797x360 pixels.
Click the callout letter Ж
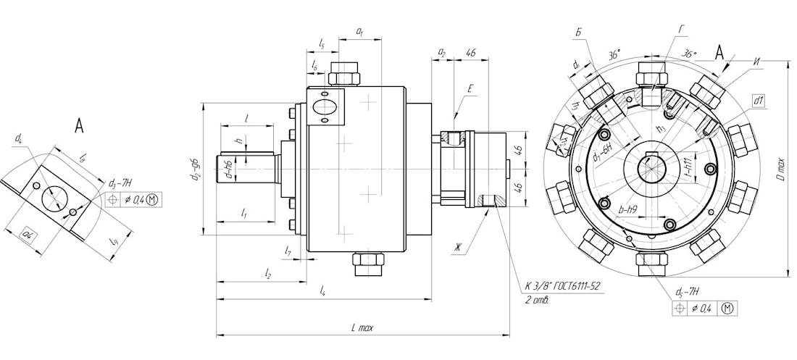[x=457, y=248]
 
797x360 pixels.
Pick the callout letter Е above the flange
[x=470, y=89]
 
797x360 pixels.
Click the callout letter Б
[x=578, y=33]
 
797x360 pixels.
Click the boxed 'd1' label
[x=759, y=101]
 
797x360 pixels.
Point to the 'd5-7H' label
[x=687, y=293]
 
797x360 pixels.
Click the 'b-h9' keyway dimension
[x=628, y=209]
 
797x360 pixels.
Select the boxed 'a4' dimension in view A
[x=29, y=234]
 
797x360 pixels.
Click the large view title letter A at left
[x=80, y=126]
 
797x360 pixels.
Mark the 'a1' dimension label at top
[x=359, y=32]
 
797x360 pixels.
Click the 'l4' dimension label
[x=322, y=291]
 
